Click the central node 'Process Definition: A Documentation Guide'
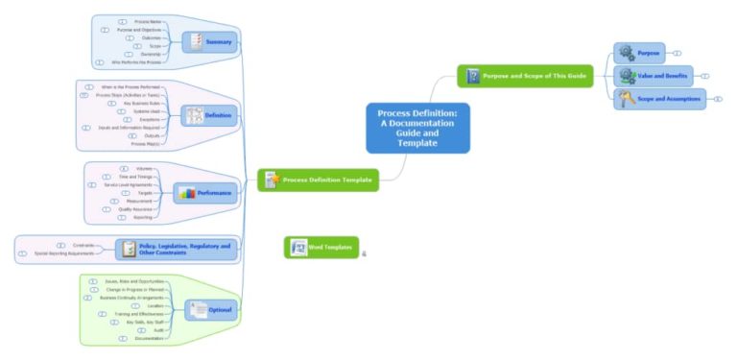pyautogui.click(x=417, y=128)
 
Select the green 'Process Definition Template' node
pyautogui.click(x=317, y=180)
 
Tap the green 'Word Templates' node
pyautogui.click(x=321, y=248)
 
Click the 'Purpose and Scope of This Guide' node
pyautogui.click(x=525, y=76)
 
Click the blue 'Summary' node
pyautogui.click(x=208, y=41)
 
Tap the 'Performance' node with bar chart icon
pyautogui.click(x=203, y=193)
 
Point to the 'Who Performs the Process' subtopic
pyautogui.click(x=142, y=62)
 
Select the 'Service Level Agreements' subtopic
pyautogui.click(x=127, y=184)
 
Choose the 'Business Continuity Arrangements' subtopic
pyautogui.click(x=131, y=298)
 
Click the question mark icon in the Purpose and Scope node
pyautogui.click(x=472, y=76)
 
